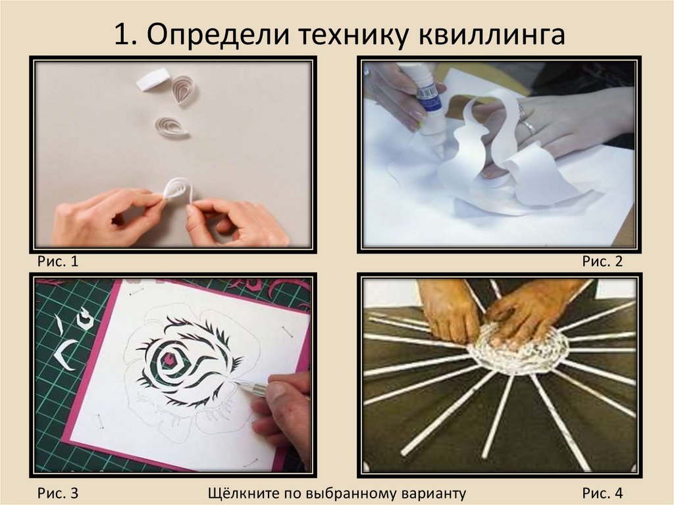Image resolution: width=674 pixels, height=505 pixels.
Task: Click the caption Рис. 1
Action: click(x=58, y=261)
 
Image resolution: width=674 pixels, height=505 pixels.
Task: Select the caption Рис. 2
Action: click(x=603, y=261)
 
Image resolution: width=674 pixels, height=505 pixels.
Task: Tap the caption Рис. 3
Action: click(x=58, y=493)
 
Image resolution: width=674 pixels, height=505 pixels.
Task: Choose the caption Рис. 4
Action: click(x=603, y=493)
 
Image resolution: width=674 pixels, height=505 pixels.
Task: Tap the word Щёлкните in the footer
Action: click(x=242, y=493)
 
